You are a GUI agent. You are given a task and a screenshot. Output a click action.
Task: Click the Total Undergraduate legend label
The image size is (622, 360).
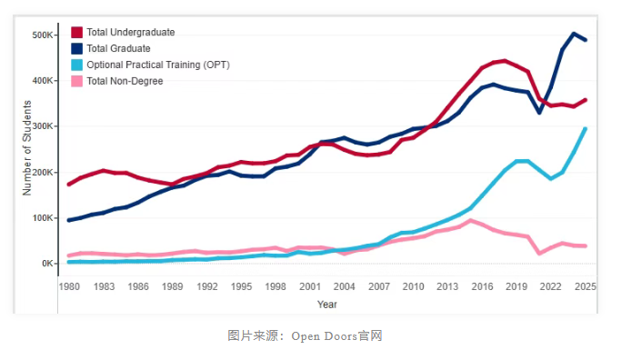tap(130, 32)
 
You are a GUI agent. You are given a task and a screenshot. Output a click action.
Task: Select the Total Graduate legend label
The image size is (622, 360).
tap(118, 48)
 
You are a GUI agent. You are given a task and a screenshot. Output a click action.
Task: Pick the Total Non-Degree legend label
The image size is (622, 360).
tap(125, 81)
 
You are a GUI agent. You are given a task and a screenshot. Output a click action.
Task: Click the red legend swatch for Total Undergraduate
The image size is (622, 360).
tap(76, 32)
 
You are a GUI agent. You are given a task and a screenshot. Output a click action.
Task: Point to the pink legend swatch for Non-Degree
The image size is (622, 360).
tap(76, 81)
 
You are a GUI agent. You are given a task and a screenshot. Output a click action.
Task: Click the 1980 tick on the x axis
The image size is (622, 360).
tap(69, 286)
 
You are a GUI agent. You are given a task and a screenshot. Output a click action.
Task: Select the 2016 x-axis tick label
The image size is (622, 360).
tap(483, 286)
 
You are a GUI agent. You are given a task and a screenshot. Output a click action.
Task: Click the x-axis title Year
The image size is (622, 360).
tap(327, 304)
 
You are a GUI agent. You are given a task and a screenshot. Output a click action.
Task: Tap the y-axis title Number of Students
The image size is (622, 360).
tap(27, 150)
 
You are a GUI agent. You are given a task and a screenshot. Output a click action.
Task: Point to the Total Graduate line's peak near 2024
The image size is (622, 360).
tap(574, 34)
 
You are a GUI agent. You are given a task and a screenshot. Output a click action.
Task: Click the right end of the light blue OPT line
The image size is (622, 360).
tap(586, 128)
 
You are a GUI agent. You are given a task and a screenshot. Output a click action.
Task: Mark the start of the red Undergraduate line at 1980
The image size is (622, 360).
tap(69, 185)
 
